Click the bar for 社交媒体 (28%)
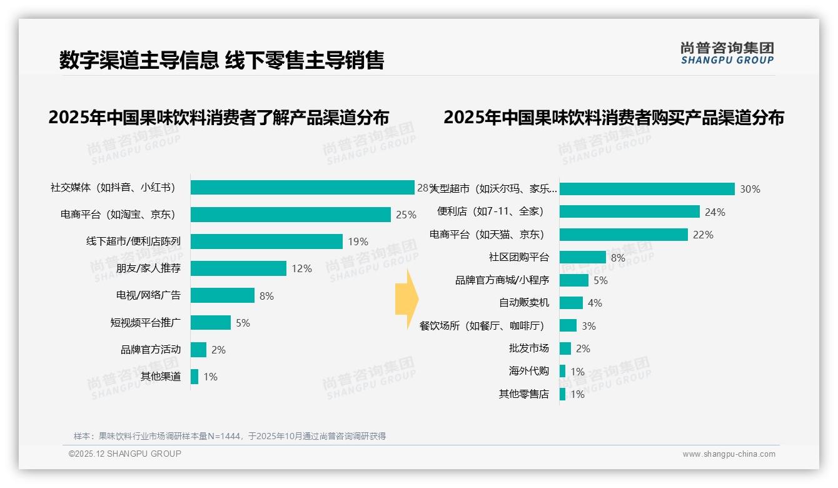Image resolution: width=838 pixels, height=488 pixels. click(303, 188)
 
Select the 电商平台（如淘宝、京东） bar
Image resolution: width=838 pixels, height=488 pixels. click(291, 215)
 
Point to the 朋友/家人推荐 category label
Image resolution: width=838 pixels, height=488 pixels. click(148, 268)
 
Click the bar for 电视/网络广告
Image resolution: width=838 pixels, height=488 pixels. click(223, 295)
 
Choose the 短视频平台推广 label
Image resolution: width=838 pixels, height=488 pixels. click(145, 323)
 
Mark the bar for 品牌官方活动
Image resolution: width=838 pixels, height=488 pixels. click(198, 350)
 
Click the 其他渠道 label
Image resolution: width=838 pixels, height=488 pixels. click(161, 377)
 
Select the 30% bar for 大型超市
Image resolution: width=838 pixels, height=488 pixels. click(647, 189)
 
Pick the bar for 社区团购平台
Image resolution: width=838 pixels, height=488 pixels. click(582, 257)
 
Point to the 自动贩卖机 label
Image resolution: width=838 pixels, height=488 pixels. click(524, 303)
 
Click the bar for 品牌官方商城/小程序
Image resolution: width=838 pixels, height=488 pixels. click(574, 280)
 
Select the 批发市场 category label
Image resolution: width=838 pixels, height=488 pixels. click(529, 348)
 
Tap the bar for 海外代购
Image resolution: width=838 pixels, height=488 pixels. click(562, 371)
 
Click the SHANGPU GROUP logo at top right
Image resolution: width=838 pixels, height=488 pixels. click(727, 53)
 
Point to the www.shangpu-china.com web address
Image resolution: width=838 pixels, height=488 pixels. click(729, 454)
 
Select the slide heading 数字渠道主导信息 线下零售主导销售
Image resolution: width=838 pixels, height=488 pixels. click(221, 60)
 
